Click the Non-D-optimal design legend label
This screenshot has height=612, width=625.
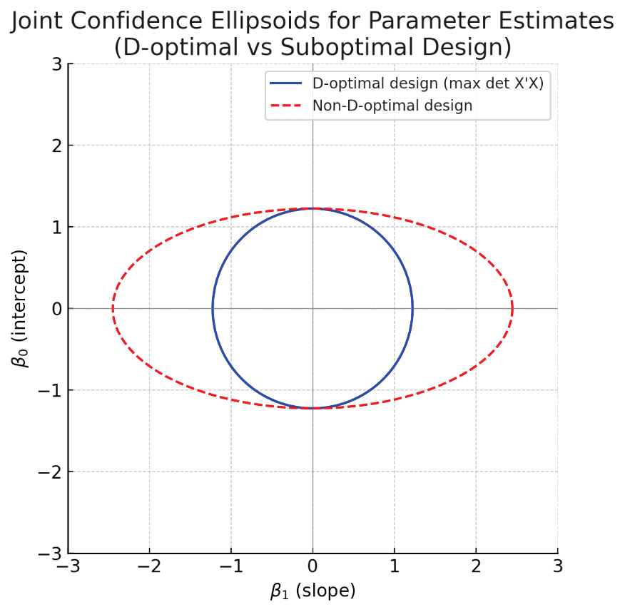392,106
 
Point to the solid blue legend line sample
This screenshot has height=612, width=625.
286,83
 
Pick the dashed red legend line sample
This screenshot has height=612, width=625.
286,106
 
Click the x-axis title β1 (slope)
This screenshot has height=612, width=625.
312,591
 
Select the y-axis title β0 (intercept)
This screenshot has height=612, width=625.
22,308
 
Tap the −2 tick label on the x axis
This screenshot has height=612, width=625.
149,566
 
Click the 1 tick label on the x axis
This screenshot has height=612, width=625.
395,566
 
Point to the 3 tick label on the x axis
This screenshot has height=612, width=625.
558,566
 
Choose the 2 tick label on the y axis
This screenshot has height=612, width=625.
56,146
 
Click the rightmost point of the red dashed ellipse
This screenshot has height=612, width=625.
512,309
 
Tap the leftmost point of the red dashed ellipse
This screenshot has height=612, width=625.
113,309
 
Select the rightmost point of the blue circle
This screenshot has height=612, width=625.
412,309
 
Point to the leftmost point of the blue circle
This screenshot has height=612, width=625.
213,309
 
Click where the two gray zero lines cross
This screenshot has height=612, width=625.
312,309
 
